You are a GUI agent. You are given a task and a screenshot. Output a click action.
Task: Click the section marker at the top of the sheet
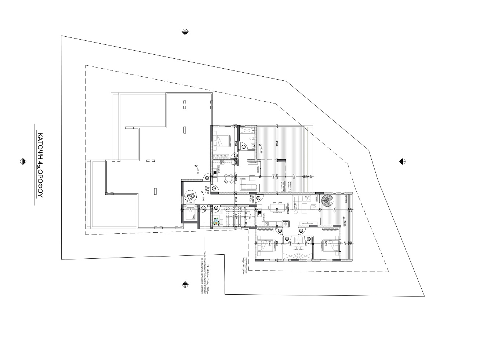point(185,32)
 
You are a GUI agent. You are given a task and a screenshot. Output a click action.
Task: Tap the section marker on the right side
point(402,161)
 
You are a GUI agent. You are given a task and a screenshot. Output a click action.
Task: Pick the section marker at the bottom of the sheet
point(185,285)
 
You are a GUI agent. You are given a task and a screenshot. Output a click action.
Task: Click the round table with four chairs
point(229,179)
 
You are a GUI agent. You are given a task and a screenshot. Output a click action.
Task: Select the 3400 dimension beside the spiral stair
point(335,209)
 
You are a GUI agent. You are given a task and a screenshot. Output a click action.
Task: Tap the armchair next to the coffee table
point(252,178)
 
